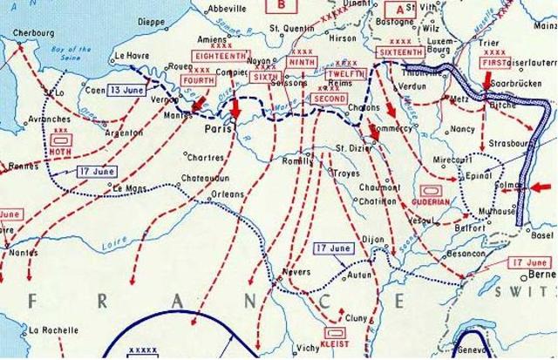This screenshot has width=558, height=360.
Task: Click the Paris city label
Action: click(215, 128)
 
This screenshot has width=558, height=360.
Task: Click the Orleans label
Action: click(228, 194)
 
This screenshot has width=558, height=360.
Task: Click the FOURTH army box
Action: click(199, 81)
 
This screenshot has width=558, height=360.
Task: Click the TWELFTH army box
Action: click(340, 76)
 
